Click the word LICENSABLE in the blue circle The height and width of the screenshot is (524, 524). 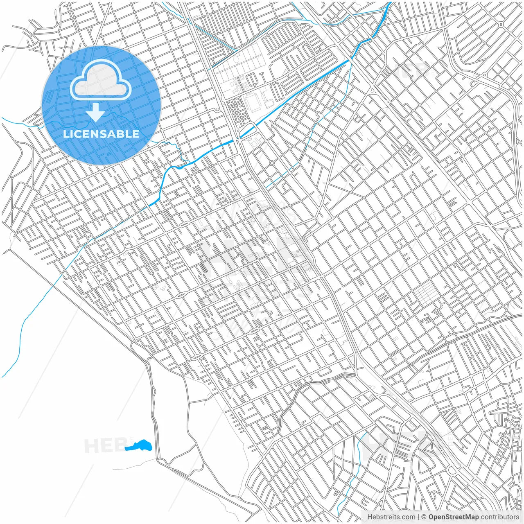(101, 134)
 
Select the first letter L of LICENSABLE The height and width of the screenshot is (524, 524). (65, 134)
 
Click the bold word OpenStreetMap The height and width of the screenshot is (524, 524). (454, 517)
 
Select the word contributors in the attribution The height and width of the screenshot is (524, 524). (500, 517)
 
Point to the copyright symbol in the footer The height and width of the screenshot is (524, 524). (424, 517)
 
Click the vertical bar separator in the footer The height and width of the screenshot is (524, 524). (418, 517)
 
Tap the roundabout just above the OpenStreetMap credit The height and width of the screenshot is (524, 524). (452, 471)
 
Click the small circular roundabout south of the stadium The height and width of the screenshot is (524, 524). (272, 163)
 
